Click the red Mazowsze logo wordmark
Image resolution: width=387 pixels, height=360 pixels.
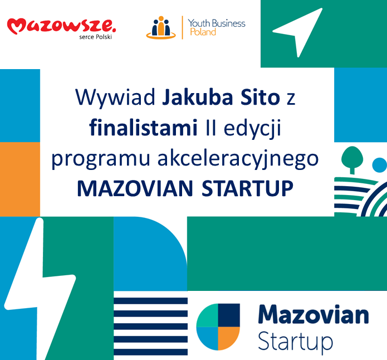[x=61, y=26]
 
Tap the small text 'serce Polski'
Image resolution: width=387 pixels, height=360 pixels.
[x=96, y=37]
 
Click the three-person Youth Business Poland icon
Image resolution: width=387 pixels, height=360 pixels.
[x=161, y=27]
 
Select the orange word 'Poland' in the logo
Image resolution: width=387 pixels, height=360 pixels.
[x=203, y=32]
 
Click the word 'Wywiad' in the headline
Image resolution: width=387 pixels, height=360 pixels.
[x=115, y=97]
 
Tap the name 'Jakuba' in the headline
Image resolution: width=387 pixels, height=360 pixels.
[x=198, y=97]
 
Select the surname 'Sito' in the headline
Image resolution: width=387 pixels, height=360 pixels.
[x=260, y=97]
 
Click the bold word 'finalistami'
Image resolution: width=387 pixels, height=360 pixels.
[x=144, y=128]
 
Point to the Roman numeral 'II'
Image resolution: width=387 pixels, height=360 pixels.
[x=211, y=128]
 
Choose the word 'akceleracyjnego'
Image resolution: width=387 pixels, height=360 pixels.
[x=238, y=159]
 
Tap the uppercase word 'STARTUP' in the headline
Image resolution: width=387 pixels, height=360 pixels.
[x=248, y=188]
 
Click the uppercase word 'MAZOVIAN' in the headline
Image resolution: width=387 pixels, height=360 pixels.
[x=135, y=188]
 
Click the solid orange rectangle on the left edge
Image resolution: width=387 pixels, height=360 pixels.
[x=20, y=179]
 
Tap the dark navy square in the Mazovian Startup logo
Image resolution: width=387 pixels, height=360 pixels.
[x=229, y=315]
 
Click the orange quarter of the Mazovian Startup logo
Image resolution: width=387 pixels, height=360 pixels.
[x=228, y=338]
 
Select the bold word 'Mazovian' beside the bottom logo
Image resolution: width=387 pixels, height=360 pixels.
[x=313, y=314]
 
